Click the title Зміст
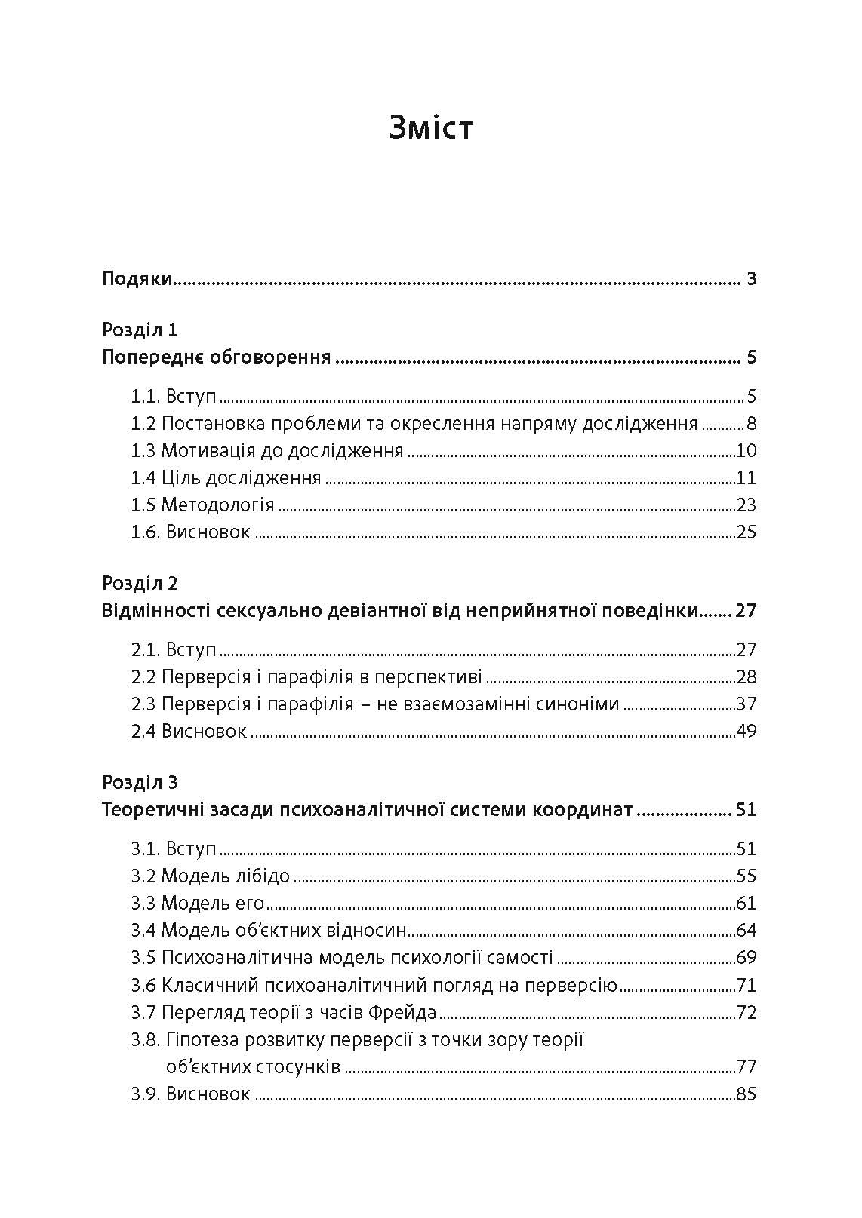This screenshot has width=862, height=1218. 431,127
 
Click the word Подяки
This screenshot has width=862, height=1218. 137,279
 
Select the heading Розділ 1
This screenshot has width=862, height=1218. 140,330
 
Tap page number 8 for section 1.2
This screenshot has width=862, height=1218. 751,423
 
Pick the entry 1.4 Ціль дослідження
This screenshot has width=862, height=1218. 226,477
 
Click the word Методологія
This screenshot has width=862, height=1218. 217,505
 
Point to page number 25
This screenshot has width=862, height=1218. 746,532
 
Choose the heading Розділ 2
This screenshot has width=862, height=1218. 140,583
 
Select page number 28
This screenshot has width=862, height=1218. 746,676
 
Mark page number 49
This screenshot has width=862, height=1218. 746,731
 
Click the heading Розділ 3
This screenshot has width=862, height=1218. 140,782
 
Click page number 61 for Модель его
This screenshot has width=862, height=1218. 746,903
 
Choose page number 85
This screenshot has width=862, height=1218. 746,1093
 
